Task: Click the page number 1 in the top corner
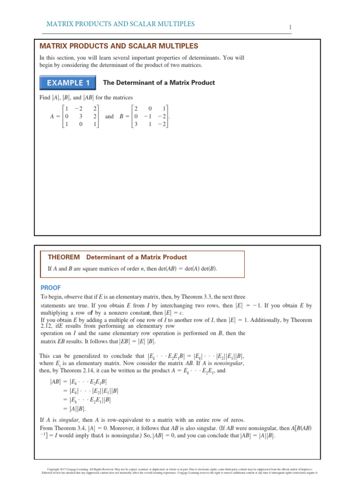coord(291,28)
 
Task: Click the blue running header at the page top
coord(120,24)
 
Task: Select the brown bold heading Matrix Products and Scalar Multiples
coord(119,46)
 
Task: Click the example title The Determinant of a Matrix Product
coord(159,83)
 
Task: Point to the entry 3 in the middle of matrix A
coord(80,117)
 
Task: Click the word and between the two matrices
coord(109,117)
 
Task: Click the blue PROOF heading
coord(50,288)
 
